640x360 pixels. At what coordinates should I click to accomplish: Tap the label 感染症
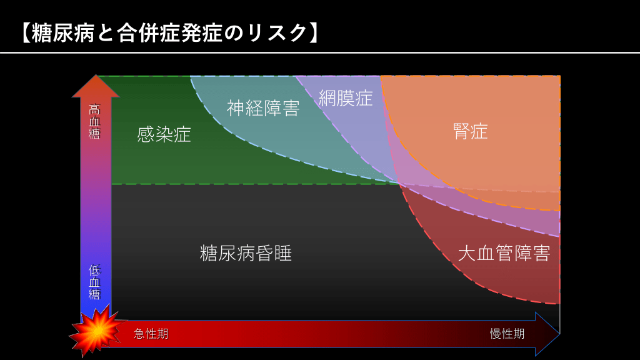click(164, 135)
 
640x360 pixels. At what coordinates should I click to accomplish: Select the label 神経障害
click(263, 109)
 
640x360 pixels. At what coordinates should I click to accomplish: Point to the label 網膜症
click(346, 98)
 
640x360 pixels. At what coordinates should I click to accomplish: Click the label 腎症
click(470, 131)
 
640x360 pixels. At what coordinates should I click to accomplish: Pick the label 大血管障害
click(504, 253)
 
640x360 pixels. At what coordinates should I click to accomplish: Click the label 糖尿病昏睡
click(246, 253)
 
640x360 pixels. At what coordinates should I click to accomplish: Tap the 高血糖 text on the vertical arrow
click(95, 122)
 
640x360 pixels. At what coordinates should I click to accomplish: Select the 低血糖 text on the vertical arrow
click(95, 282)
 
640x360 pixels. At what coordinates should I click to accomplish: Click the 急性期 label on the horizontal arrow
click(151, 334)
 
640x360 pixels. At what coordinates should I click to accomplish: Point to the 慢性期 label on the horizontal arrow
click(507, 334)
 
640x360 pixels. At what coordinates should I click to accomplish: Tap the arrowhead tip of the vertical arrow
click(96, 75)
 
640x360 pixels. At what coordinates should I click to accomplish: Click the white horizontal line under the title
click(320, 52)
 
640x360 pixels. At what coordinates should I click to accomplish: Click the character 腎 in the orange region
click(461, 131)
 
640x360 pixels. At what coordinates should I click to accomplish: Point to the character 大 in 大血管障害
click(467, 253)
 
